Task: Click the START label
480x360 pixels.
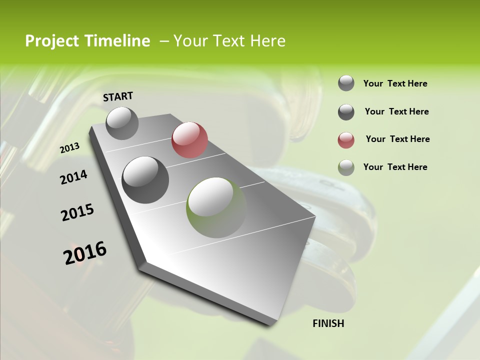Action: tap(118, 96)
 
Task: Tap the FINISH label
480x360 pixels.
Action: tap(328, 323)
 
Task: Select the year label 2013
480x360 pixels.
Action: tap(69, 148)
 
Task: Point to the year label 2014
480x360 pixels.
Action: tap(73, 177)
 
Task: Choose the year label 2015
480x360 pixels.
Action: tap(77, 212)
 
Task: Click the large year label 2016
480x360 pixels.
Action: tap(85, 253)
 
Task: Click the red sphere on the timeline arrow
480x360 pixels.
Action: tap(189, 140)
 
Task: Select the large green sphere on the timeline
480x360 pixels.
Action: tap(216, 207)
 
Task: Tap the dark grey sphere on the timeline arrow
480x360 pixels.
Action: tap(145, 180)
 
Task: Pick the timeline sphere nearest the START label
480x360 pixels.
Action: tap(122, 123)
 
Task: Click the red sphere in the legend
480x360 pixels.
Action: tap(346, 140)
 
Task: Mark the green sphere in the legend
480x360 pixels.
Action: tap(346, 167)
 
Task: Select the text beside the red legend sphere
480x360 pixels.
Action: tap(397, 139)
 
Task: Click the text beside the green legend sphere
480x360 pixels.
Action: tap(395, 167)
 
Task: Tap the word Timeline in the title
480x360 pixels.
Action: tap(117, 41)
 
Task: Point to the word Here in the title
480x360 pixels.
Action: tap(267, 41)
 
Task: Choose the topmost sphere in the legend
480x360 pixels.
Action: tap(346, 83)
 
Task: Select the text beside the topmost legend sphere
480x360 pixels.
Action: tap(395, 83)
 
